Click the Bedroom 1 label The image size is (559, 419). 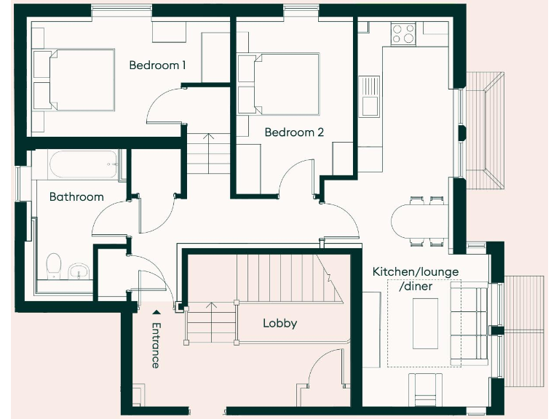157,65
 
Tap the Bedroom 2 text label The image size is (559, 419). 294,132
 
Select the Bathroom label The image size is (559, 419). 76,196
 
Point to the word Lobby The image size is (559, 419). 279,323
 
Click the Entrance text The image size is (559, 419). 155,346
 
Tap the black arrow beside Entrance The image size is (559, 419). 155,313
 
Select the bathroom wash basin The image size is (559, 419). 79,271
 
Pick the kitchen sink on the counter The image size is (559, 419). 369,95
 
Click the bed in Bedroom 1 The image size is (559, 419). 75,80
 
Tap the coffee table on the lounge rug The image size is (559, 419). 427,322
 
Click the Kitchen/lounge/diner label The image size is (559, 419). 416,279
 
